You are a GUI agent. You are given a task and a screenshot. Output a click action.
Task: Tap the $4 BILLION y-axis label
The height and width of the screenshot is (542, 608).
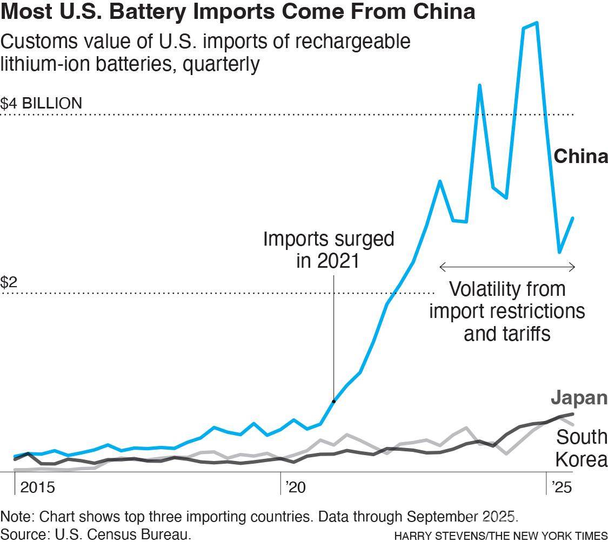point(41,103)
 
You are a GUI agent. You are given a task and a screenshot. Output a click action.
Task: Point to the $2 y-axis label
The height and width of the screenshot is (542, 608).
point(8,282)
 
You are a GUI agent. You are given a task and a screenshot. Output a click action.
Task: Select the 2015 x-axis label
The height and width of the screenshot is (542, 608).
point(37,487)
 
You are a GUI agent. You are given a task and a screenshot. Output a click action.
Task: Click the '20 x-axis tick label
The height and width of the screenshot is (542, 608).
point(295,487)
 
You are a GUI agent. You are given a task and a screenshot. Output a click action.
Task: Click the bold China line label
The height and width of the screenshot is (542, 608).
point(580,157)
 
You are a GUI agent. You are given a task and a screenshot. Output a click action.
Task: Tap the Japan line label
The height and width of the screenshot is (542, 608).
point(579,398)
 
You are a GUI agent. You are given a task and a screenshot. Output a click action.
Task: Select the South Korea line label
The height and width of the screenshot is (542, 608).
point(582,448)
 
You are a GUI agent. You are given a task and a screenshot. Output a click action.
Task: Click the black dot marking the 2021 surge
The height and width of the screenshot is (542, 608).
point(333,401)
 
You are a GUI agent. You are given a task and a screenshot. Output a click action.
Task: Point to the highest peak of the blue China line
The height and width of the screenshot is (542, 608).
point(536,23)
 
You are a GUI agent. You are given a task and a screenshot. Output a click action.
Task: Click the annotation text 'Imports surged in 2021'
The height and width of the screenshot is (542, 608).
point(329,249)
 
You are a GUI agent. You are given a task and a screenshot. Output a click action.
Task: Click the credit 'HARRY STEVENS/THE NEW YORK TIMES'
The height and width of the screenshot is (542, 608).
point(500,536)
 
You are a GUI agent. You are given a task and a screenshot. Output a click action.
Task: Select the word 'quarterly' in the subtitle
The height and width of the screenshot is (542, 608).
point(221,64)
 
